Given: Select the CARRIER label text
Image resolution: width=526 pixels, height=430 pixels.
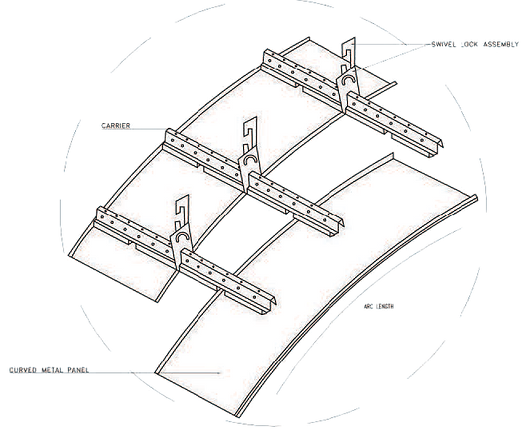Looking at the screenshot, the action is point(116,126).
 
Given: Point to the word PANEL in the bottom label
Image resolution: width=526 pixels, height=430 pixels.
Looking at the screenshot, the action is point(78,370).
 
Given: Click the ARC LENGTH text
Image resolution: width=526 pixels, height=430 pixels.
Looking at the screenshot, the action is point(379,306).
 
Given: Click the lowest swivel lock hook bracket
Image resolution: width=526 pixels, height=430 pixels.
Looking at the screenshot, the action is point(182,211).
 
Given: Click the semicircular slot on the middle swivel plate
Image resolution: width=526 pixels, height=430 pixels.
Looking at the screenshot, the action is point(250,158).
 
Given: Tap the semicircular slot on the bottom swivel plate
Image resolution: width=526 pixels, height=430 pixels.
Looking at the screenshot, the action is point(182,235).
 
